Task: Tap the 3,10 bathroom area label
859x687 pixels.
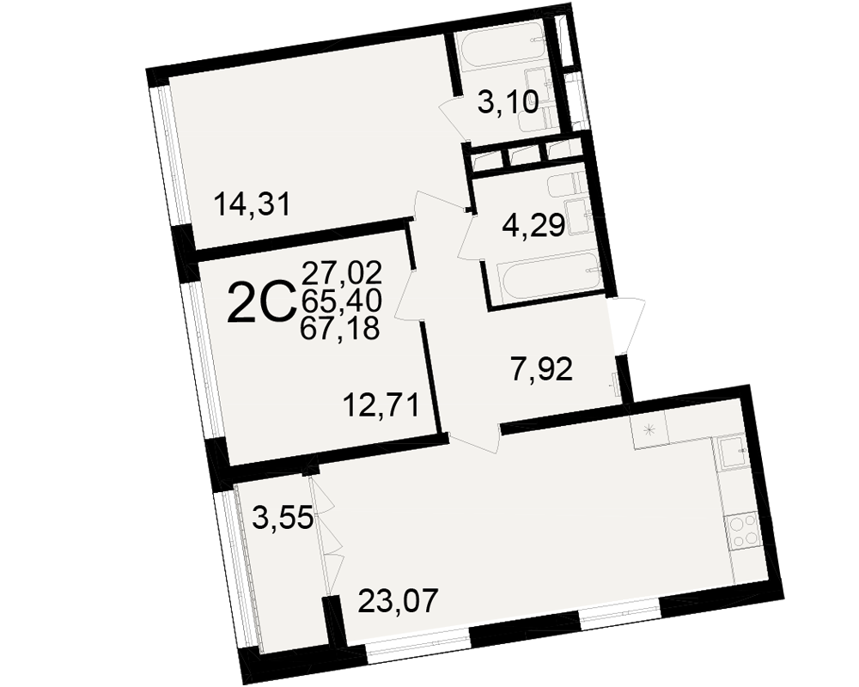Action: pyautogui.click(x=508, y=101)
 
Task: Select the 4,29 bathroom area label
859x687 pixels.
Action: pyautogui.click(x=533, y=225)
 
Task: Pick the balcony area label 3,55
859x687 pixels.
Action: pyautogui.click(x=283, y=518)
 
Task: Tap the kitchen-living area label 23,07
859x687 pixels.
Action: pyautogui.click(x=399, y=600)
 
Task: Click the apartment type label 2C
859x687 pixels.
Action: pyautogui.click(x=260, y=302)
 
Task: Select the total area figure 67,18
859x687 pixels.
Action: pyautogui.click(x=340, y=329)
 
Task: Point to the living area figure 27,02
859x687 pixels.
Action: pyautogui.click(x=341, y=272)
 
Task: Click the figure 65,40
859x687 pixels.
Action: pyautogui.click(x=341, y=301)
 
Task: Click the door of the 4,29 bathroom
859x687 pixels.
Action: pyautogui.click(x=468, y=238)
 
